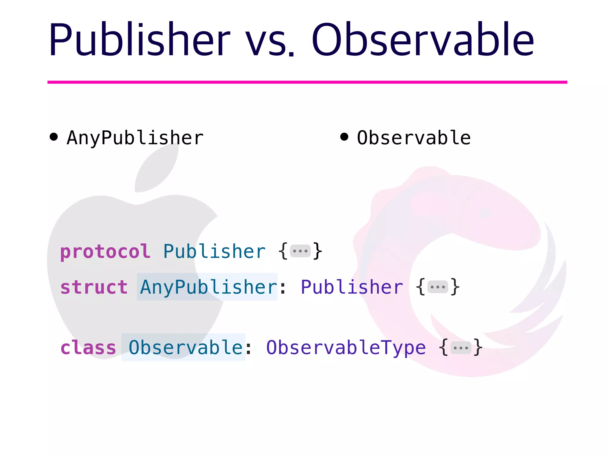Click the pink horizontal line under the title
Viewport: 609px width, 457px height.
[x=307, y=82]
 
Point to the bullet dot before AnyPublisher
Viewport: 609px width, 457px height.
[x=54, y=137]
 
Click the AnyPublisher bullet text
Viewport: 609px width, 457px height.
[x=135, y=138]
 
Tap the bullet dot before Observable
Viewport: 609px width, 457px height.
[x=344, y=137]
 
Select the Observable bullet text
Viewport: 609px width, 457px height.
[x=414, y=138]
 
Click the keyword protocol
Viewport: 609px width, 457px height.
[x=105, y=252]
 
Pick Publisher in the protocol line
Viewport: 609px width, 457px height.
[x=214, y=251]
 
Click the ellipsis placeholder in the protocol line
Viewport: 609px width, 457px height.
[x=300, y=251]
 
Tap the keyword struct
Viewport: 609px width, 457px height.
[x=94, y=287]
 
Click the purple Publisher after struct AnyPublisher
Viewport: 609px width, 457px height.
[x=352, y=287]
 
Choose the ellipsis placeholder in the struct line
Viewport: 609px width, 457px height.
[x=437, y=287]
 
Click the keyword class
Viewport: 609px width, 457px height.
[x=88, y=348]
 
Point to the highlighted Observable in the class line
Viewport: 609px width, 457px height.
[x=186, y=348]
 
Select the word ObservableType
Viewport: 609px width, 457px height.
[x=346, y=348]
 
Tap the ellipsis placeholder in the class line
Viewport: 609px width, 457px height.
[x=461, y=348]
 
